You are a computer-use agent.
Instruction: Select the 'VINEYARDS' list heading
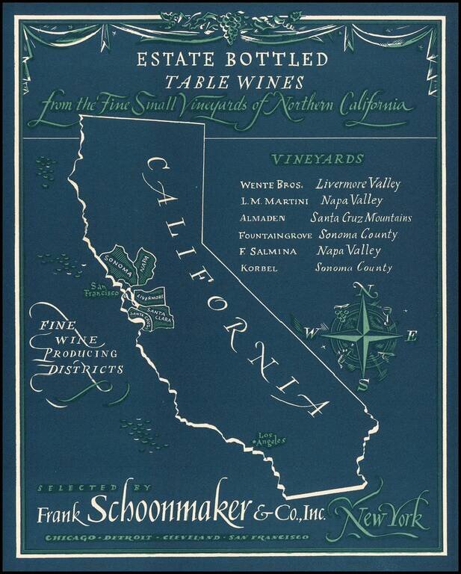[318, 159]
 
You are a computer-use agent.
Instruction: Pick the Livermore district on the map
[150, 296]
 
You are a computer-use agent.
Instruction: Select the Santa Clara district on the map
[158, 314]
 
